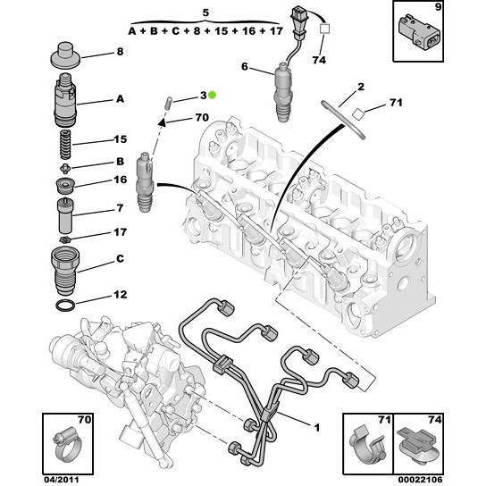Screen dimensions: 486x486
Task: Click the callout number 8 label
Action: [x=120, y=53]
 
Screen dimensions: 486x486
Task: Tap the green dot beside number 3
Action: [x=223, y=95]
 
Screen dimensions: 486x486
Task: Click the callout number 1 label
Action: [x=315, y=427]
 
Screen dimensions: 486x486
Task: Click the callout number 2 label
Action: [x=361, y=87]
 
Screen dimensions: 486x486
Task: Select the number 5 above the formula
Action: [x=205, y=13]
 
